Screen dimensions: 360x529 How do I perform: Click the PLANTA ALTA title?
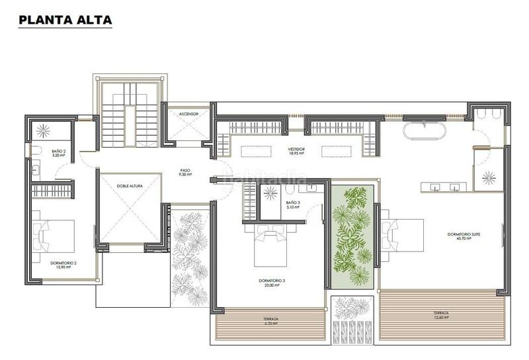[65, 20]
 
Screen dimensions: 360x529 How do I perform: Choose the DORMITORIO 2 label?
[63, 264]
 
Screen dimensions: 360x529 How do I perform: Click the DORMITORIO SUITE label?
[459, 236]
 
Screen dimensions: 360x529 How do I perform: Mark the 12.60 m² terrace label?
[441, 314]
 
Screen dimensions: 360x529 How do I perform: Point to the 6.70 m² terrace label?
[270, 321]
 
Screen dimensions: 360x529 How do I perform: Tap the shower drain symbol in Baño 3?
[270, 193]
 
